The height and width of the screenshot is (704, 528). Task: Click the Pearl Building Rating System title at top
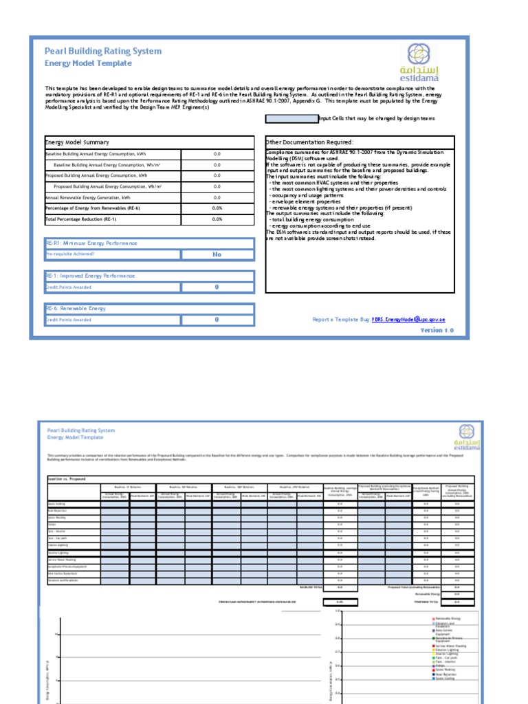pyautogui.click(x=103, y=51)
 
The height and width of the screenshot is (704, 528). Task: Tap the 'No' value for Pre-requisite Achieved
pyautogui.click(x=217, y=254)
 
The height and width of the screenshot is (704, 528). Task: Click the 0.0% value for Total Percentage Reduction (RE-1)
pyautogui.click(x=217, y=219)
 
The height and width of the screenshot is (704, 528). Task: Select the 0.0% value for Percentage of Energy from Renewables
pyautogui.click(x=217, y=208)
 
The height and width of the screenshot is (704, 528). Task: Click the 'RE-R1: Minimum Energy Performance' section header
pyautogui.click(x=91, y=243)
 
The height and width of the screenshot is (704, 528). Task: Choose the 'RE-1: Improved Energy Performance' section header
pyautogui.click(x=90, y=276)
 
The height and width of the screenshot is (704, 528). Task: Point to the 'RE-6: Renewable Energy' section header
pyautogui.click(x=76, y=309)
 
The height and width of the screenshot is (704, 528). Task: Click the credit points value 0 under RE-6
pyautogui.click(x=217, y=320)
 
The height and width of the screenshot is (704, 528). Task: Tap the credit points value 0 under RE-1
pyautogui.click(x=217, y=287)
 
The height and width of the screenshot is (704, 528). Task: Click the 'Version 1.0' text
pyautogui.click(x=437, y=331)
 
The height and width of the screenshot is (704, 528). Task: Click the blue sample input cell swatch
pyautogui.click(x=291, y=118)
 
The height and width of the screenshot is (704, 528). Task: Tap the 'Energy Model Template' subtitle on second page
pyautogui.click(x=75, y=437)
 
